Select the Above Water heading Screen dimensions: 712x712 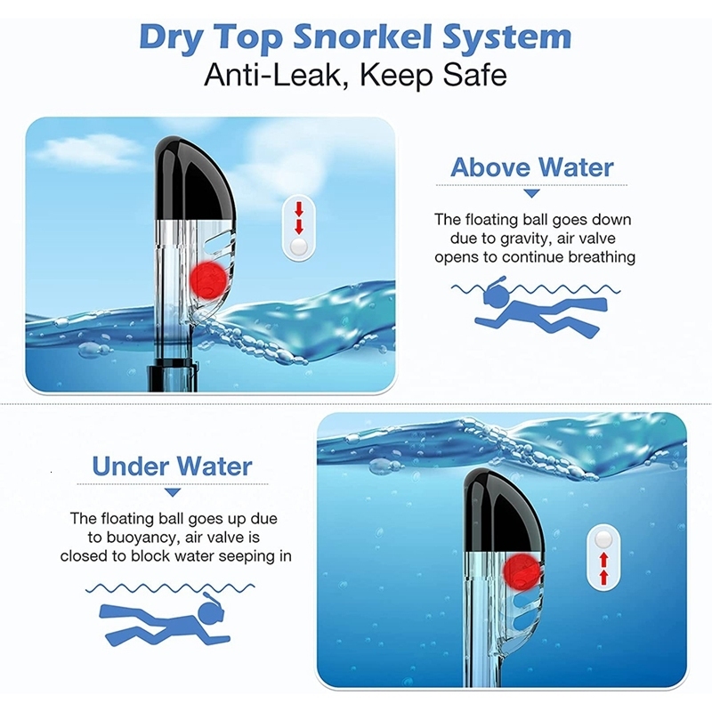531,167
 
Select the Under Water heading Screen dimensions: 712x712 172,465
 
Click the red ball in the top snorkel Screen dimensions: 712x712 208,279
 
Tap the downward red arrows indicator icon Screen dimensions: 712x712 299,228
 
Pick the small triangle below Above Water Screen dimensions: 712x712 531,193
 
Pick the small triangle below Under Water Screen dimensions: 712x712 173,492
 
